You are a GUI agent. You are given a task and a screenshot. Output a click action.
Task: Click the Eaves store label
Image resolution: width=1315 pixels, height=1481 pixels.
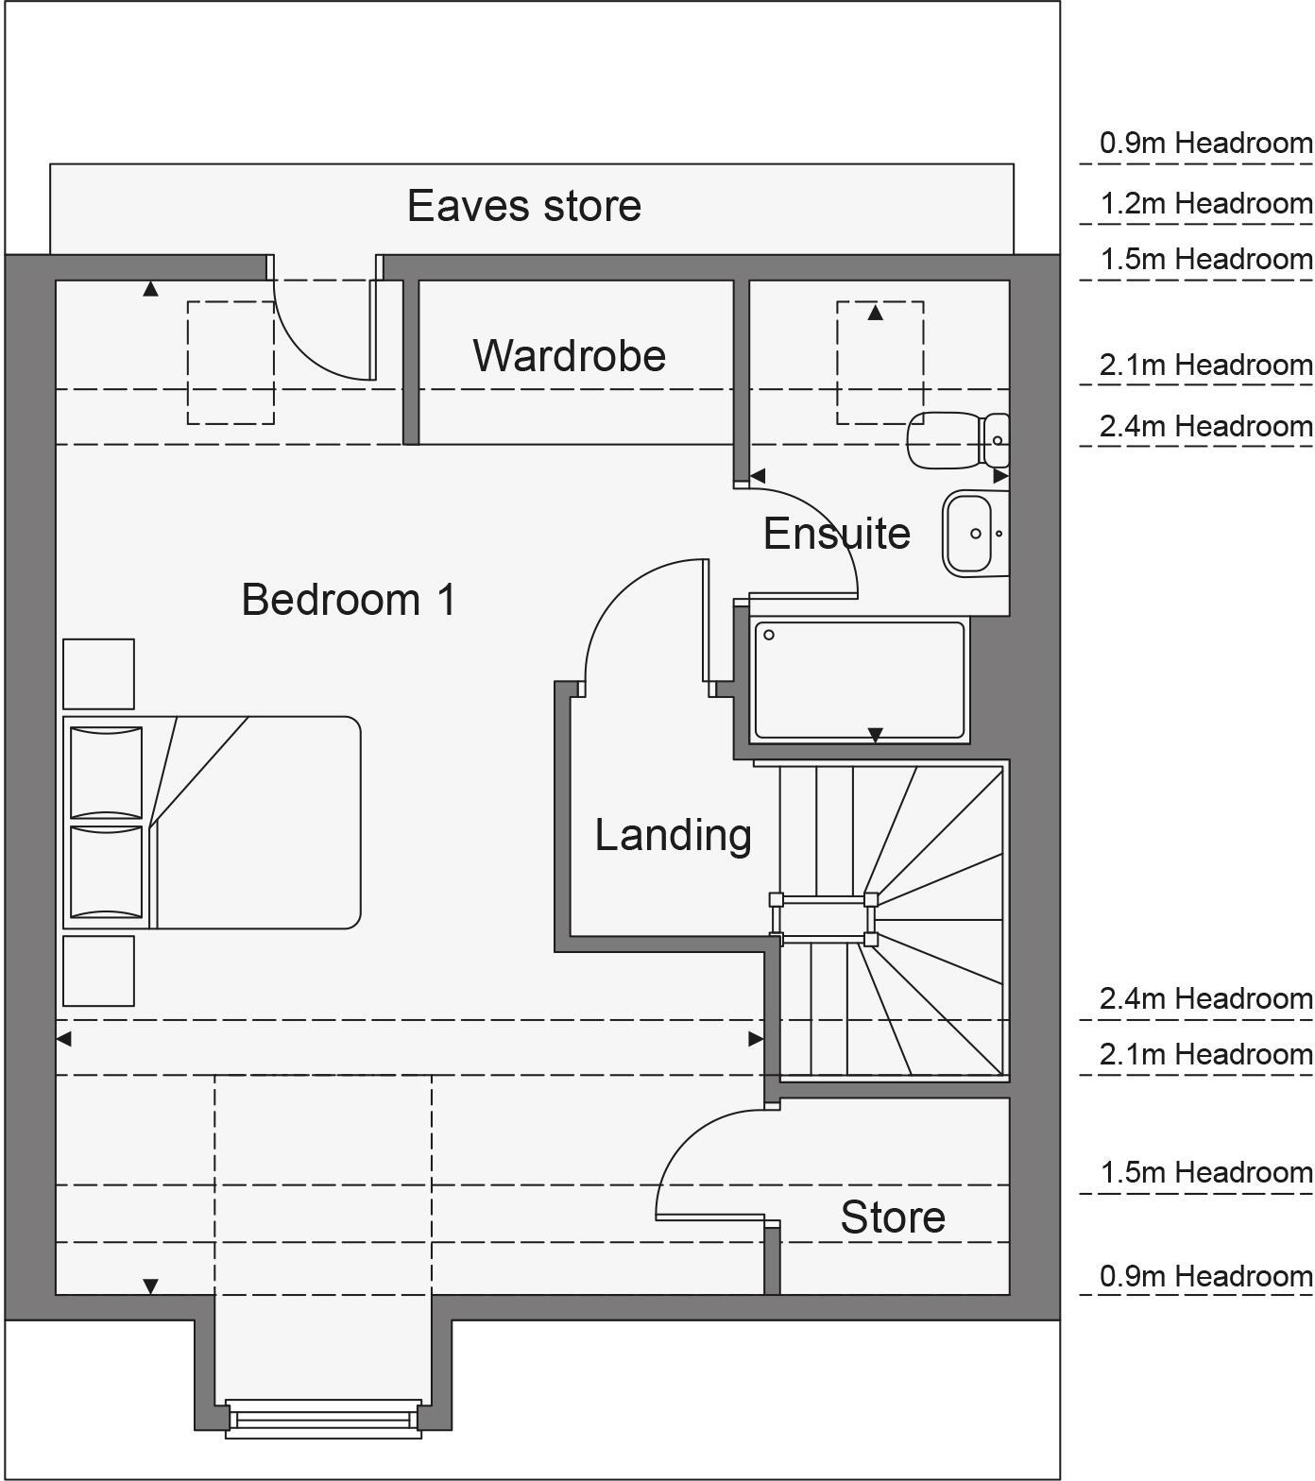pyautogui.click(x=523, y=206)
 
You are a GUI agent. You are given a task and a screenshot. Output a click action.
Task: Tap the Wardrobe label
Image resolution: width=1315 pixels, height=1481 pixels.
pyautogui.click(x=569, y=355)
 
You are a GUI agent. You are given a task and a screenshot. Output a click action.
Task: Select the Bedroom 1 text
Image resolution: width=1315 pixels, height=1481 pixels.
pyautogui.click(x=349, y=600)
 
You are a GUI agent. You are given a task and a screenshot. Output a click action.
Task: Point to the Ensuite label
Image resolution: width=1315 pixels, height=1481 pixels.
pyautogui.click(x=836, y=534)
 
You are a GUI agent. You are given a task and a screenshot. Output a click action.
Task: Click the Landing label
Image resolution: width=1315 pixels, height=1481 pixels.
pyautogui.click(x=673, y=835)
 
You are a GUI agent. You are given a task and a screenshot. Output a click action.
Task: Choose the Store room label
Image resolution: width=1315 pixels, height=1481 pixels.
pyautogui.click(x=893, y=1217)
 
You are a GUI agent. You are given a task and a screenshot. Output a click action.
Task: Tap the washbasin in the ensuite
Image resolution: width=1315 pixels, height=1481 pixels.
pyautogui.click(x=969, y=534)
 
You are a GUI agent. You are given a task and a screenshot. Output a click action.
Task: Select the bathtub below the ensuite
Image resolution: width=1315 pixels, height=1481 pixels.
pyautogui.click(x=860, y=679)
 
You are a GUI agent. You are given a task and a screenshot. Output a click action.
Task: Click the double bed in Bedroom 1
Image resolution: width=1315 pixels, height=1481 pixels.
pyautogui.click(x=213, y=823)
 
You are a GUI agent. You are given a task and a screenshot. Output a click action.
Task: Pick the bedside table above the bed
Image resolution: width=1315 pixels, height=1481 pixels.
pyautogui.click(x=98, y=673)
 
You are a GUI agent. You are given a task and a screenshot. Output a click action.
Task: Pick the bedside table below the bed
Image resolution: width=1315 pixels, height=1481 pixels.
pyautogui.click(x=98, y=971)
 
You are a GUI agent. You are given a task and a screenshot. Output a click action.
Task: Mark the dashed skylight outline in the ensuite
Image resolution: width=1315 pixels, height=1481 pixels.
pyautogui.click(x=880, y=363)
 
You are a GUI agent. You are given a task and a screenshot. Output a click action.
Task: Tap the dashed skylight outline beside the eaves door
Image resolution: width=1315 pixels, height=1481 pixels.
pyautogui.click(x=231, y=363)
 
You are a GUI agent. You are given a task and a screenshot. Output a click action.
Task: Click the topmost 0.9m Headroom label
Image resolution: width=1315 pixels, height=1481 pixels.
pyautogui.click(x=1205, y=144)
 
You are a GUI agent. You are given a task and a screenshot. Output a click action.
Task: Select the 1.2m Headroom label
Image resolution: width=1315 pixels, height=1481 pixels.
pyautogui.click(x=1205, y=204)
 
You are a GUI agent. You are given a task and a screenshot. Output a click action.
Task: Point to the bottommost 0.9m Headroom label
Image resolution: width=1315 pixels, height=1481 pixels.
pyautogui.click(x=1205, y=1277)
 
